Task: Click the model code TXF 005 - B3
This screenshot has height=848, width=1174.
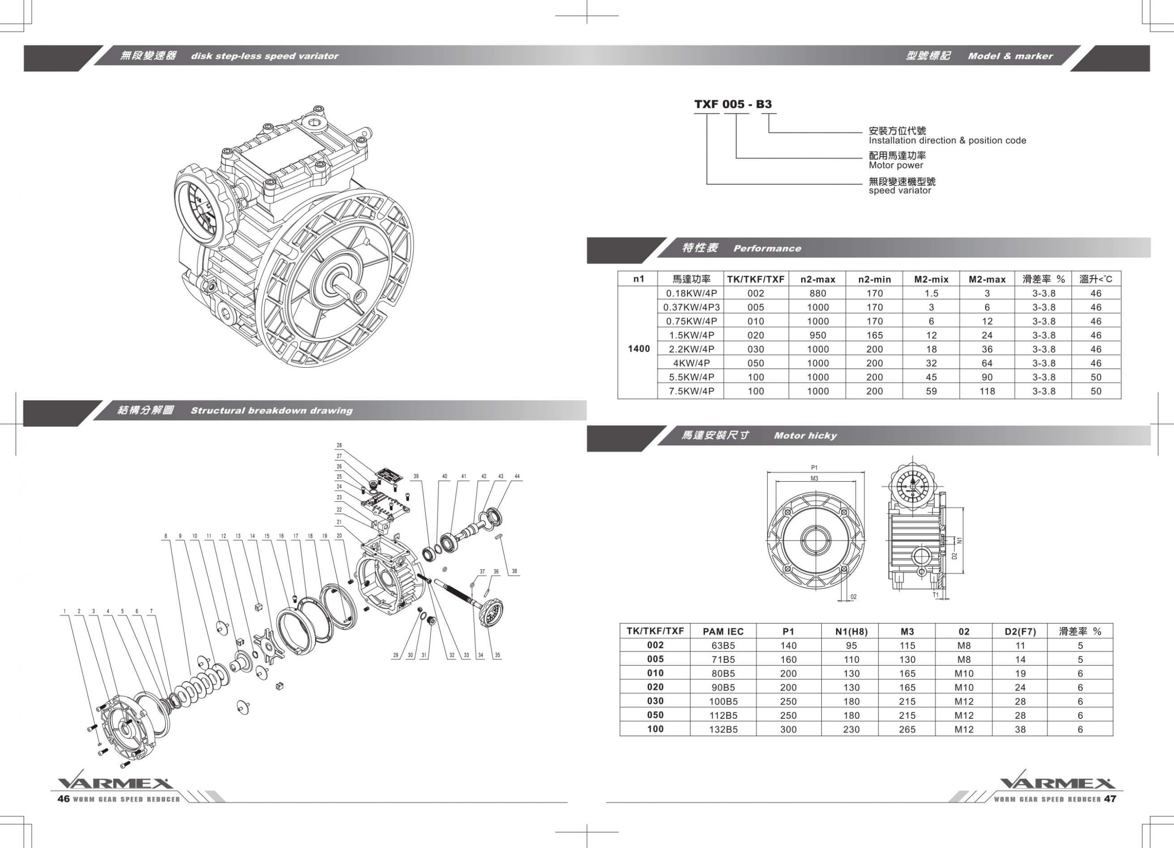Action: click(732, 104)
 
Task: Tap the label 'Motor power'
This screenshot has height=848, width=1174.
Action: click(896, 165)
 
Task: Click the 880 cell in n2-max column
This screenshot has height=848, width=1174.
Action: click(817, 293)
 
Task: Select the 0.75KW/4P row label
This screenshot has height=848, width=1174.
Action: click(691, 321)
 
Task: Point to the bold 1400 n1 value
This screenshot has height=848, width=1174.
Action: click(638, 349)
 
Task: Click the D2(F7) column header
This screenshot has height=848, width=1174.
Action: click(1020, 632)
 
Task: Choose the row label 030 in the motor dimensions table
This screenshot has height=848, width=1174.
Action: click(655, 701)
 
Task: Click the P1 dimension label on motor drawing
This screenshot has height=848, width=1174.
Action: click(814, 468)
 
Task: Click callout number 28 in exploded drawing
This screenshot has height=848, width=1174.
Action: click(339, 446)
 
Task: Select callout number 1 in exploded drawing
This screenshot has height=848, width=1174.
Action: click(65, 611)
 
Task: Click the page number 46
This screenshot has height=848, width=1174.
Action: click(63, 799)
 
